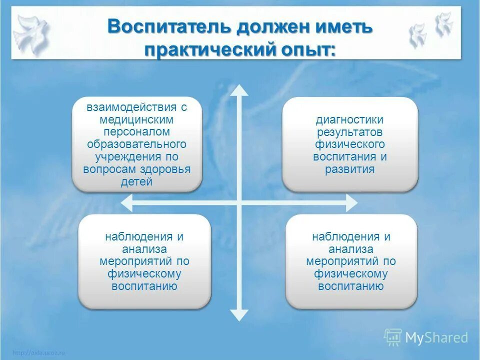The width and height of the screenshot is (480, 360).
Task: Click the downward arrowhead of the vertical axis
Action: [239, 315]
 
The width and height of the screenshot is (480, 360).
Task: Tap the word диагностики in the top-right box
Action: [349, 120]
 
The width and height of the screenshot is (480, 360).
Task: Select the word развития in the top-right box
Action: [349, 169]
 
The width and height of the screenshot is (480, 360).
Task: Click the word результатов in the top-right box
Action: [349, 132]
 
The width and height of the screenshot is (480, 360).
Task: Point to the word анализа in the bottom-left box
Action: [144, 249]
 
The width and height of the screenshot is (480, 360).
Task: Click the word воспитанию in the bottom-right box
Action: [351, 286]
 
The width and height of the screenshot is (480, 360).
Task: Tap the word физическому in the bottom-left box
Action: [144, 274]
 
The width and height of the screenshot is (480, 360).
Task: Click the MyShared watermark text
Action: [436, 338]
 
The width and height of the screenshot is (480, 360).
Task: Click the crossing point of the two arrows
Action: [239, 202]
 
